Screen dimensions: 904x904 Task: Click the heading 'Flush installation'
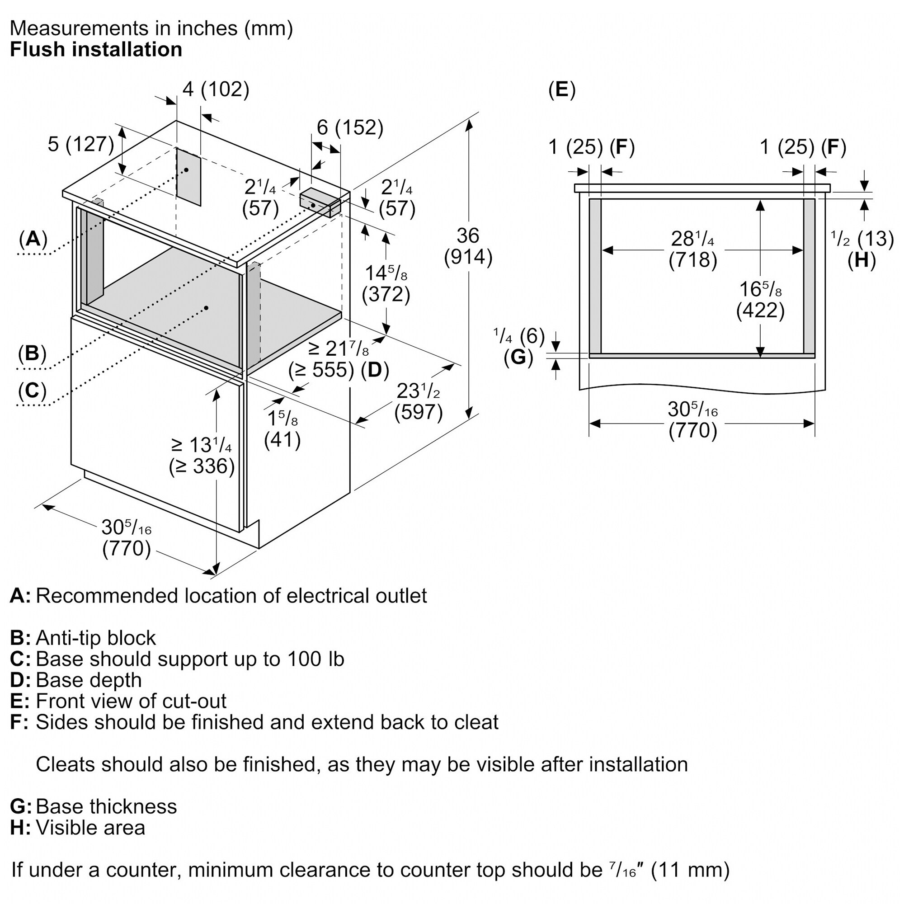[x=96, y=50]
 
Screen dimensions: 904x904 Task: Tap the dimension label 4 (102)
[x=216, y=89]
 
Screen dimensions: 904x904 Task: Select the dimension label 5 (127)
[x=81, y=144]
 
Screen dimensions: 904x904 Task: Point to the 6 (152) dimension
[x=350, y=127]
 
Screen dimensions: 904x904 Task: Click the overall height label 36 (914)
[x=468, y=246]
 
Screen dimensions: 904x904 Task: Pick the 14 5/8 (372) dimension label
[x=386, y=283]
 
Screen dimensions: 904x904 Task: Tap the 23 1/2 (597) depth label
[x=418, y=401]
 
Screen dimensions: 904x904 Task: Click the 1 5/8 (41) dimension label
[x=282, y=428]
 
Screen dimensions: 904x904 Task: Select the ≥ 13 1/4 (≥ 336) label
[x=202, y=455]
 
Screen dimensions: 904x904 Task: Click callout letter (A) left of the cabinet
[x=33, y=239]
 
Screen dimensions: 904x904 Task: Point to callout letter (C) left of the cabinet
[x=32, y=390]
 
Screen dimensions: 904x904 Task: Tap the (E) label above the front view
[x=562, y=89]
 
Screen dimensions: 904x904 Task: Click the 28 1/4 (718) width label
[x=692, y=249]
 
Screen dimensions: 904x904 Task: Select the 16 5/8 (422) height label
[x=760, y=300]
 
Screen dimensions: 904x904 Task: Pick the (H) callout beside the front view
[x=861, y=260]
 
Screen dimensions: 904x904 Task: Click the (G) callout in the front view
[x=518, y=357]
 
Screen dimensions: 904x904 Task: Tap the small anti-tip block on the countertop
[x=320, y=202]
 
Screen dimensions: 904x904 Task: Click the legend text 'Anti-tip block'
[x=95, y=638]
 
